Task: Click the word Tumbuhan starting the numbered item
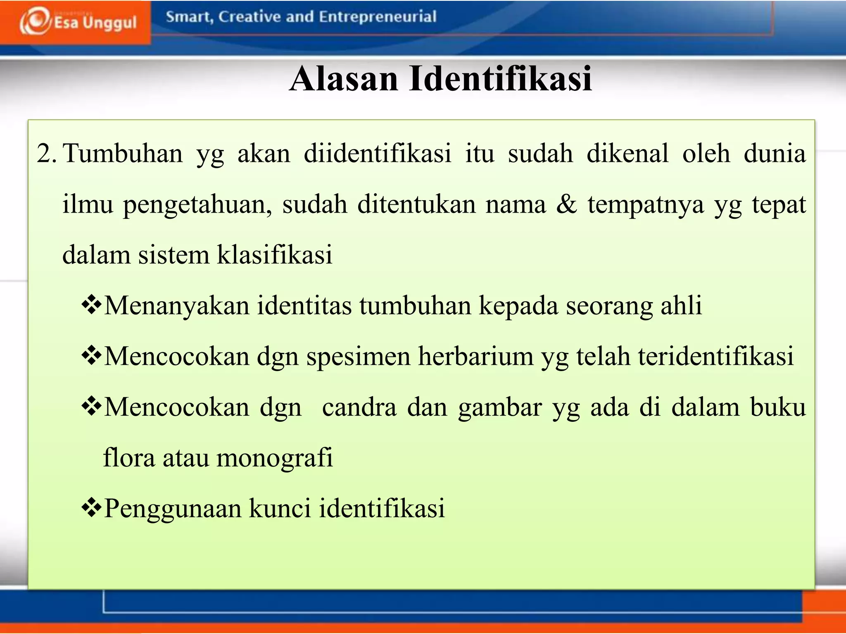(123, 154)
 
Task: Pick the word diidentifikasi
(378, 154)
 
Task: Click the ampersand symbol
(566, 204)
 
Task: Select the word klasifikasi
(275, 255)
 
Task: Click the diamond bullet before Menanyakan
(91, 305)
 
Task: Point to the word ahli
(681, 305)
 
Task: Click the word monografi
(275, 458)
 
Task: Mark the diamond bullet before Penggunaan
(91, 508)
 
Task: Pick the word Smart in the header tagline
(189, 17)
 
